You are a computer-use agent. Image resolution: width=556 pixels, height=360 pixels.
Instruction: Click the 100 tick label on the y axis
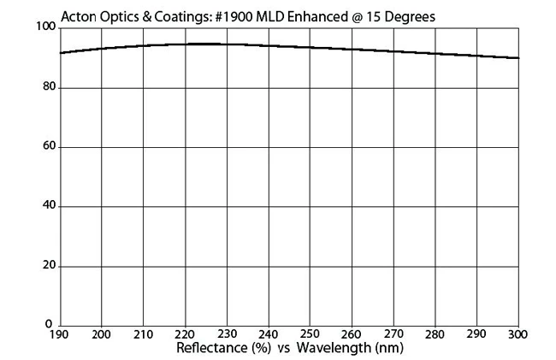pyautogui.click(x=44, y=28)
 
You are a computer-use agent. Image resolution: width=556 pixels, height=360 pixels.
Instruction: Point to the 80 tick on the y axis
pyautogui.click(x=47, y=87)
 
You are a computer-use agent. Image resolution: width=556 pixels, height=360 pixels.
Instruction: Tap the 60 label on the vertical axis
pyautogui.click(x=47, y=147)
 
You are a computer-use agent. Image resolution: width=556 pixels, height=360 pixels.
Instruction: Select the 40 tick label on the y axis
pyautogui.click(x=47, y=206)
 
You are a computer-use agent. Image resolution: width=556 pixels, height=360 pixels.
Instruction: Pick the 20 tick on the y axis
pyautogui.click(x=47, y=266)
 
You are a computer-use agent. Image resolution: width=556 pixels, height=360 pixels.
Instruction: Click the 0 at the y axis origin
pyautogui.click(x=50, y=325)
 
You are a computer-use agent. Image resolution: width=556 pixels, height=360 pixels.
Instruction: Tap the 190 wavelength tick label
pyautogui.click(x=59, y=334)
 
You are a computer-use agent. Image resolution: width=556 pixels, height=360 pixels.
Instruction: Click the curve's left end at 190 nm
pyautogui.click(x=60, y=53)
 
